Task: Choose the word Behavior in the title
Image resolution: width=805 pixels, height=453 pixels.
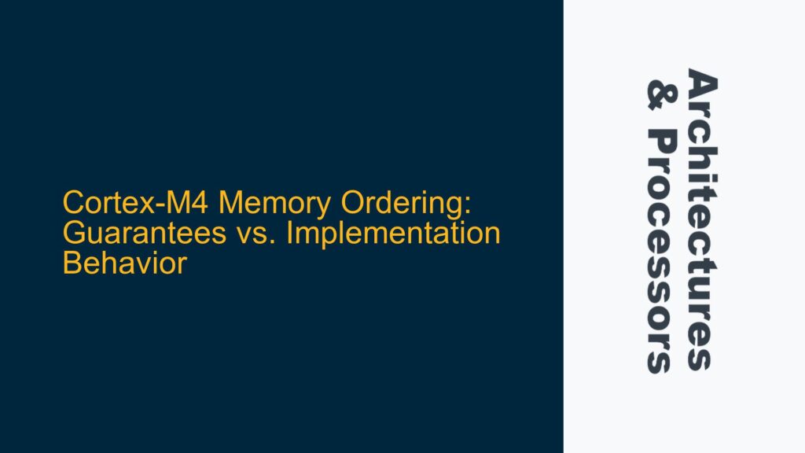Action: point(124,263)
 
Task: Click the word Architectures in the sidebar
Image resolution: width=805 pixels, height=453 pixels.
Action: point(703,221)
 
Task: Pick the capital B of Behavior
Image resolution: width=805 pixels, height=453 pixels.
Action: point(72,263)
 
